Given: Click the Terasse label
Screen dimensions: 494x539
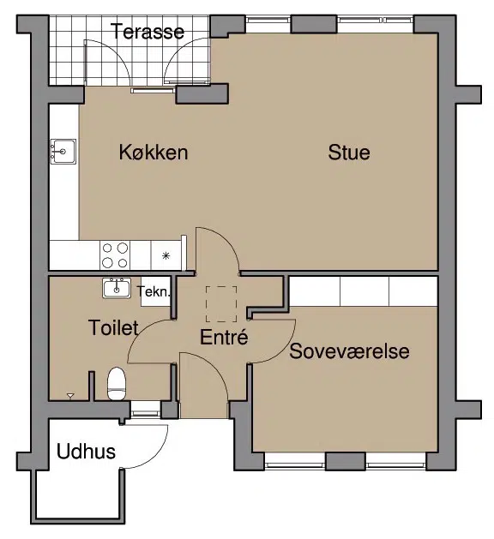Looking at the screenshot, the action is click(148, 32).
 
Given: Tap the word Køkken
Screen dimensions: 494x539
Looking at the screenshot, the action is click(154, 152).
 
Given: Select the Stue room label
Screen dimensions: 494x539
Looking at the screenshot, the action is click(349, 153).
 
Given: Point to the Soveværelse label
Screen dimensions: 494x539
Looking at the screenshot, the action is click(349, 351).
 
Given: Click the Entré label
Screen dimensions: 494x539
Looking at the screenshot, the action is click(224, 337).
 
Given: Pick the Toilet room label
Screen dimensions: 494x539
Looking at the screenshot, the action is click(113, 327).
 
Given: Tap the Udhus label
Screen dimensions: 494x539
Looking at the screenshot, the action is click(86, 452).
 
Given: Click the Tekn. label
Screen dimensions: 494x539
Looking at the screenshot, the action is click(154, 292).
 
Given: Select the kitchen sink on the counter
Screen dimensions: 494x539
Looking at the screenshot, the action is click(63, 152).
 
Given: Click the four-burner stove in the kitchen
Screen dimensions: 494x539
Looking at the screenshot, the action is click(115, 255).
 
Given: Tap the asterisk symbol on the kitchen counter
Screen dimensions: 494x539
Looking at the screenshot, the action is click(166, 255).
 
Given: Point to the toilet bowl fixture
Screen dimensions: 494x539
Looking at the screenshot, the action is click(117, 384).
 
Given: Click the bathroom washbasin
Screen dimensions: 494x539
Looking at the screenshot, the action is click(117, 288).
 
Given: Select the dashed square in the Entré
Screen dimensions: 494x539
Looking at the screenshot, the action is click(221, 304).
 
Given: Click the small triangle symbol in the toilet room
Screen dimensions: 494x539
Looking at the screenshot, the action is click(70, 396).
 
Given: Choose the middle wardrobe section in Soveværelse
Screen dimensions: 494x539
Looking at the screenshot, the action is click(364, 291).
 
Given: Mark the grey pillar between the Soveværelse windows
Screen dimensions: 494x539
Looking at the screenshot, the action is click(346, 462).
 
